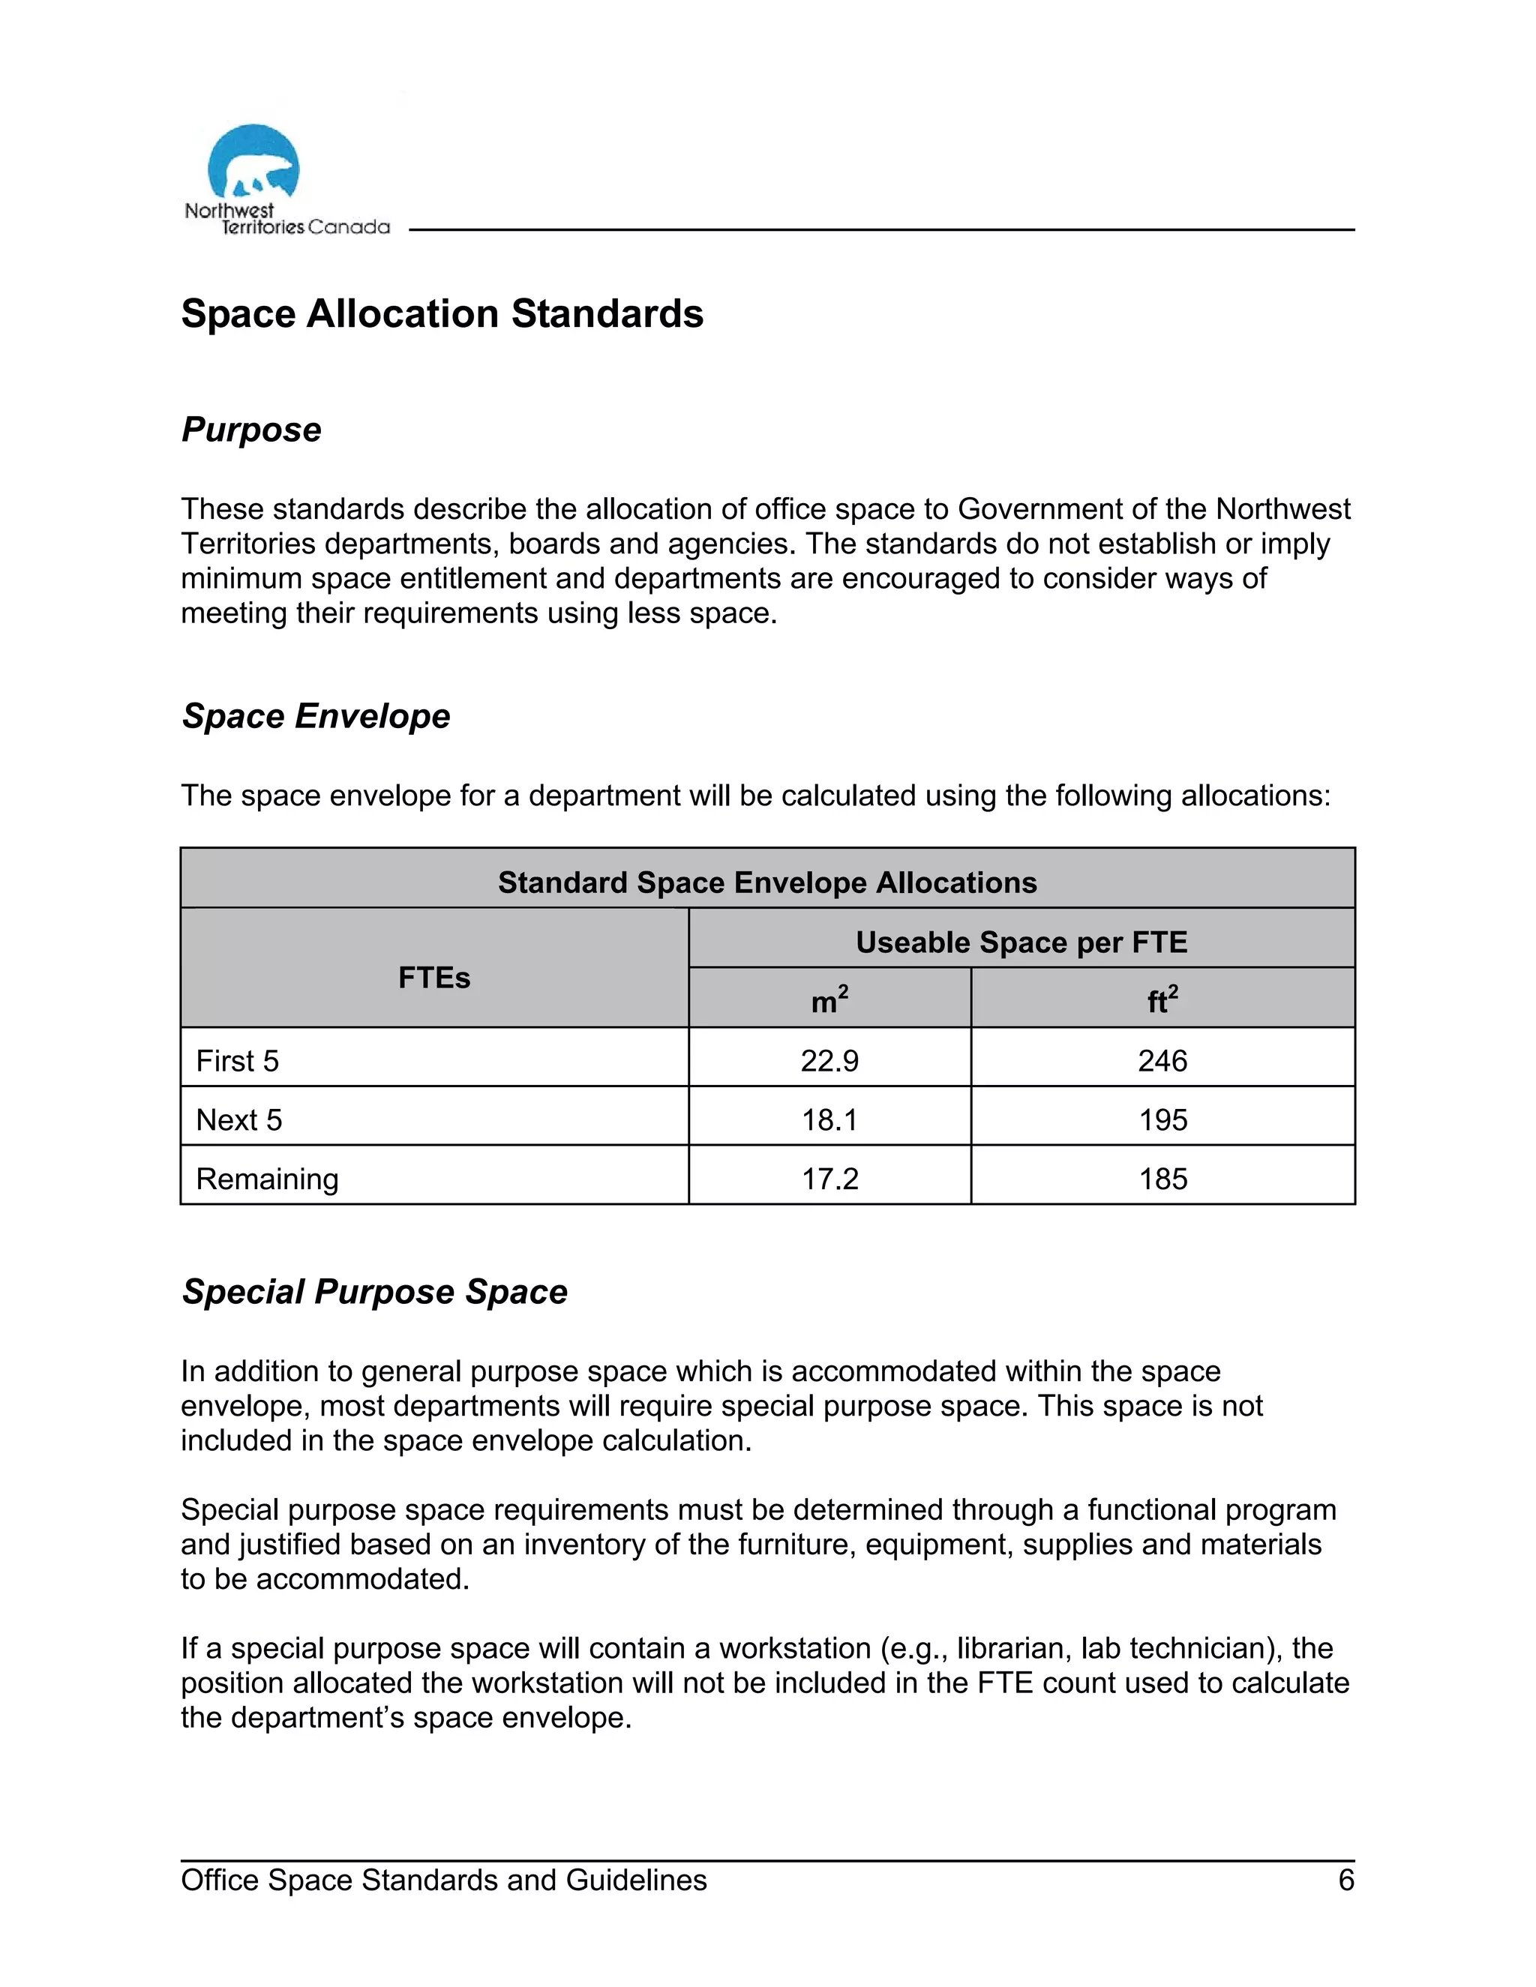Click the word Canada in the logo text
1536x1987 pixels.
click(x=349, y=227)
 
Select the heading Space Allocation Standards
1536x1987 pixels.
click(x=442, y=314)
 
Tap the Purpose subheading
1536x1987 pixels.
click(x=251, y=430)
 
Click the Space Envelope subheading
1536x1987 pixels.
click(x=316, y=716)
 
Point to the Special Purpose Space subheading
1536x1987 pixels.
click(x=374, y=1292)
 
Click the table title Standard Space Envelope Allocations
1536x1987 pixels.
click(x=767, y=883)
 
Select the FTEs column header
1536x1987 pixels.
click(x=434, y=978)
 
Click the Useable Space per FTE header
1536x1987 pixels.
click(x=1021, y=943)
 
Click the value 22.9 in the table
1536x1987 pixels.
click(x=829, y=1061)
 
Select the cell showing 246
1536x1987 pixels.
click(x=1162, y=1061)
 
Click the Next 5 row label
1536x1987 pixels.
click(x=239, y=1120)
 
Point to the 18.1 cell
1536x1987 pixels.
click(x=829, y=1120)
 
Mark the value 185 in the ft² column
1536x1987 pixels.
click(x=1162, y=1179)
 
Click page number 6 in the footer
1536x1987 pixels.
click(x=1345, y=1881)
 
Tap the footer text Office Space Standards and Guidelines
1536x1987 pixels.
click(x=444, y=1881)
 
